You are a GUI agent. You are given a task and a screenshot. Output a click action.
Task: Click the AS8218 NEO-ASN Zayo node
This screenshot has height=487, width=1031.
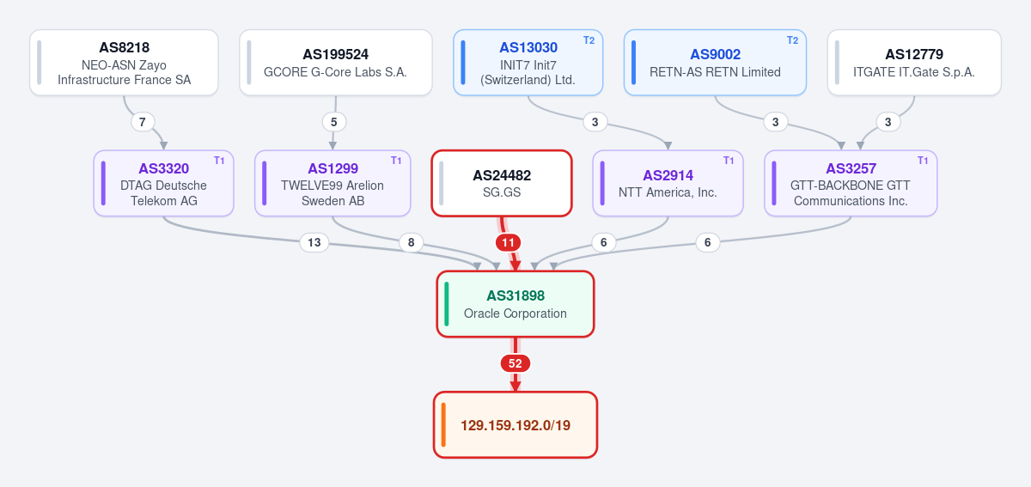click(124, 63)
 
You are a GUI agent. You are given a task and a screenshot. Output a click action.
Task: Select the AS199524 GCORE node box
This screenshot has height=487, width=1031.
click(336, 63)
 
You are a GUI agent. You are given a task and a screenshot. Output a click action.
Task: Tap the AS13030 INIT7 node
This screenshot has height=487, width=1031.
click(528, 63)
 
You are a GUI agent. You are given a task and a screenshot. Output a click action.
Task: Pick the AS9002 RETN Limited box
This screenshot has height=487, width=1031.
click(715, 63)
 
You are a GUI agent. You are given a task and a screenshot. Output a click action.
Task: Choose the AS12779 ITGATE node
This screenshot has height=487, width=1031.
click(914, 63)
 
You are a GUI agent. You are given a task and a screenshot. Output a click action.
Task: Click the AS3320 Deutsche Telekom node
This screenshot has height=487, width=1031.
click(163, 183)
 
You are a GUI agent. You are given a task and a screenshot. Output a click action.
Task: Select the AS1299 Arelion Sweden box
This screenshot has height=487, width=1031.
click(332, 183)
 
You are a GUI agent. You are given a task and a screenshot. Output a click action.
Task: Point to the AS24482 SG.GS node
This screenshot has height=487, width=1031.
click(502, 183)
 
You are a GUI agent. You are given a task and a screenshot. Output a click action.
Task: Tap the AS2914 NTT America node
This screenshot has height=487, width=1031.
click(668, 183)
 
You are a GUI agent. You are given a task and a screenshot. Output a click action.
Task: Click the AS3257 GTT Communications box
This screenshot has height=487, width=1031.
click(851, 183)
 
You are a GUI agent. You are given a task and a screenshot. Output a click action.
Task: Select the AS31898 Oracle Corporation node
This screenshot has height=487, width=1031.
click(515, 304)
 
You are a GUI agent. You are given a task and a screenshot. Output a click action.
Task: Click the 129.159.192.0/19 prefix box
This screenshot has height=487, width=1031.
click(515, 425)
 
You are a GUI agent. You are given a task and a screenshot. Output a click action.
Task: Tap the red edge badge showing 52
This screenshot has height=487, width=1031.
click(515, 363)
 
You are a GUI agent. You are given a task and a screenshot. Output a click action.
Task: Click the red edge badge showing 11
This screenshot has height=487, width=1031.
click(508, 242)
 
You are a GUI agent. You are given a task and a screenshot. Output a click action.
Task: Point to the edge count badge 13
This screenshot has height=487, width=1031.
click(314, 242)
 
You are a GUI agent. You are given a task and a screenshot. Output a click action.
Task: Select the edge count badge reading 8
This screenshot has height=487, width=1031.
click(411, 242)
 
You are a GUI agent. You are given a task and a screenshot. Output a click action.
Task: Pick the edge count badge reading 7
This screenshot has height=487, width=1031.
click(143, 122)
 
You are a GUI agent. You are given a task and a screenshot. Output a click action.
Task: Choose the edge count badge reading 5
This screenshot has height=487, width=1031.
click(334, 122)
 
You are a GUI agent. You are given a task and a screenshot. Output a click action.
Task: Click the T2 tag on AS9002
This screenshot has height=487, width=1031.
click(792, 40)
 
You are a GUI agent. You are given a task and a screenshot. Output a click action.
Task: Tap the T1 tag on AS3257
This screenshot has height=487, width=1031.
click(923, 161)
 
